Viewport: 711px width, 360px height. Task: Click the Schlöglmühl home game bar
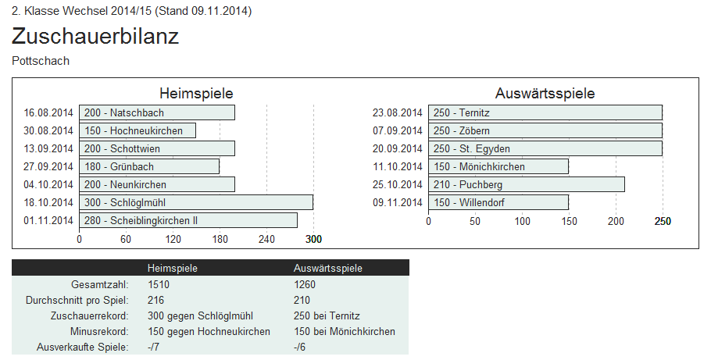[195, 202]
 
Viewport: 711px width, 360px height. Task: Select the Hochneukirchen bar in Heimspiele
[137, 130]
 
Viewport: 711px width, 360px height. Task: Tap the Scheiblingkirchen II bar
[188, 220]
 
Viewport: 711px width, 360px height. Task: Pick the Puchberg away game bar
[526, 184]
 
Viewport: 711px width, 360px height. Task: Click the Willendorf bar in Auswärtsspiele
[498, 202]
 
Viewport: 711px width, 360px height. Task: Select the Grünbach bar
[148, 166]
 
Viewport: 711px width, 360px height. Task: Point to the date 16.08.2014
[48, 112]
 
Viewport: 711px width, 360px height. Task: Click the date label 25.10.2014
[398, 184]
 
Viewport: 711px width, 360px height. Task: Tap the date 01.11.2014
[48, 220]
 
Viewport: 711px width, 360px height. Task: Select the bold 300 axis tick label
[313, 239]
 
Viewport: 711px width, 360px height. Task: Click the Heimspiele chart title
[196, 94]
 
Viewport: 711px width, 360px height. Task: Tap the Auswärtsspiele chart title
[545, 94]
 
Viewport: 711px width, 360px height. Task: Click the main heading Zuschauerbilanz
[95, 37]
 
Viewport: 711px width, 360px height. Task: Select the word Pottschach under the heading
[41, 61]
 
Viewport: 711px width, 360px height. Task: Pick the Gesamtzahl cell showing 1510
[159, 284]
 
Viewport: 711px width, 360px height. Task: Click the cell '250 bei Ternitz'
[327, 315]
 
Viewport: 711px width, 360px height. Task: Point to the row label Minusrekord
[98, 331]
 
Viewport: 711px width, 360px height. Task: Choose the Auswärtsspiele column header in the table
[327, 268]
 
